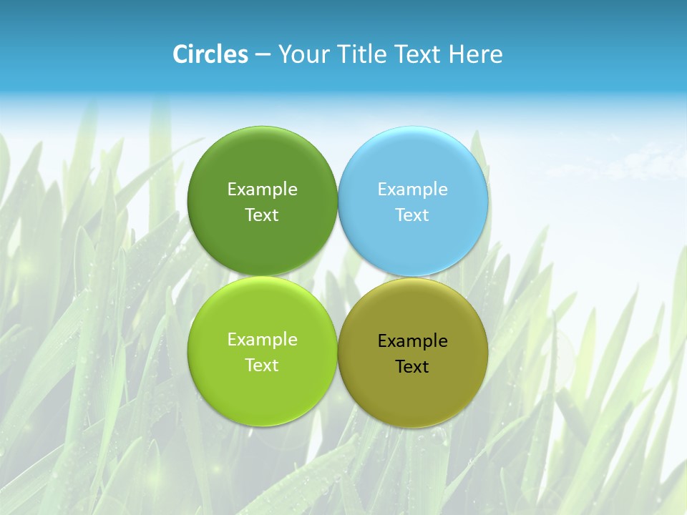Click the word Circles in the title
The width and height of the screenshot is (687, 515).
[x=210, y=54]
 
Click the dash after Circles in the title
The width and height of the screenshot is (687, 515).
[x=263, y=55]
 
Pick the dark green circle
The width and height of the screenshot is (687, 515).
[x=262, y=165]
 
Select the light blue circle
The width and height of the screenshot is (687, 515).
[x=413, y=165]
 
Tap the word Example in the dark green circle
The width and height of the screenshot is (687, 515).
[x=262, y=190]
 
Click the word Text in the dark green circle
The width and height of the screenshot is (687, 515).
[x=262, y=215]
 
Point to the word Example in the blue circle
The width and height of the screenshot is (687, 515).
[x=412, y=190]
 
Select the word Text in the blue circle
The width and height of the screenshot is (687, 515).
[x=412, y=215]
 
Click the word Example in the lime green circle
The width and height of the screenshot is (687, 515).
[x=262, y=340]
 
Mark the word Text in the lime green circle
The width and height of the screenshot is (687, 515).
[x=262, y=365]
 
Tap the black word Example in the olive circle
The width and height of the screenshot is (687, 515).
[x=412, y=341]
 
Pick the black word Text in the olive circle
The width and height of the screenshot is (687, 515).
[x=412, y=367]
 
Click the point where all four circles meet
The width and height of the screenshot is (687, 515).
[x=338, y=276]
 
